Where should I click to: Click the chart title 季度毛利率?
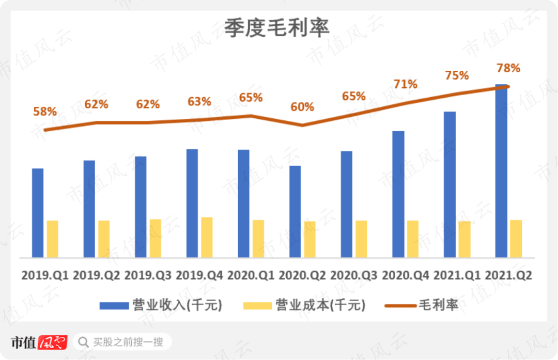tap(276, 28)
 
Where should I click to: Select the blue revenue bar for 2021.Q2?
tap(501, 170)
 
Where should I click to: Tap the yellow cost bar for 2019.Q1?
tap(53, 239)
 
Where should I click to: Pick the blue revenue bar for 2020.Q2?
tap(295, 211)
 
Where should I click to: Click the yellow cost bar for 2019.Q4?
tap(207, 237)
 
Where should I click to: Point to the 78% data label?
tap(508, 68)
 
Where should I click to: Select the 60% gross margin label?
tap(302, 107)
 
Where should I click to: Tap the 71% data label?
tap(405, 84)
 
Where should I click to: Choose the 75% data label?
tap(457, 75)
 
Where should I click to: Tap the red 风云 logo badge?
tap(53, 342)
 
